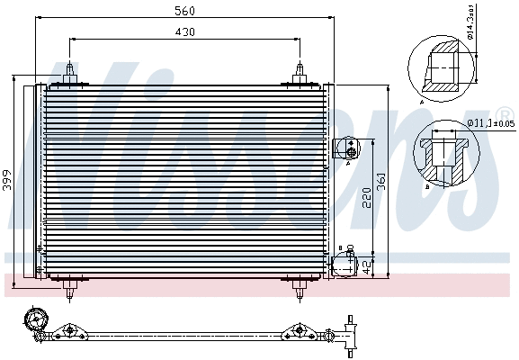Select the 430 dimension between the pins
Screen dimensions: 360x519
tap(184, 31)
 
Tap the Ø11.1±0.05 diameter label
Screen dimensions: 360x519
tap(490, 123)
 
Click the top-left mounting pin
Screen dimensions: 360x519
tap(70, 73)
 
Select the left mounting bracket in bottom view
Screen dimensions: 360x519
tap(67, 332)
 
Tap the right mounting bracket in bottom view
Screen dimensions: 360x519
tap(297, 332)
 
